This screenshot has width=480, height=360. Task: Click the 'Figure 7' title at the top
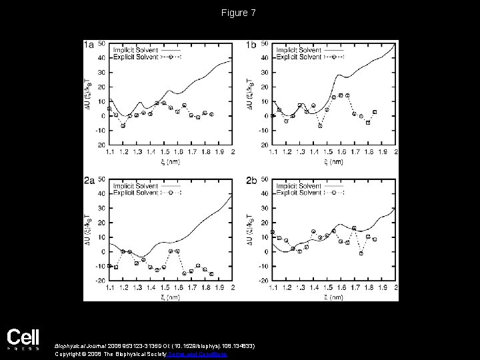click(x=240, y=13)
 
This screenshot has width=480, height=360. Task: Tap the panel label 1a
click(x=89, y=45)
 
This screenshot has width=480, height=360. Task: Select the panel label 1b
click(x=251, y=45)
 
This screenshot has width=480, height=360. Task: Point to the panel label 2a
click(x=89, y=181)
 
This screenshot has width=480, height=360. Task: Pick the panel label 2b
click(x=251, y=181)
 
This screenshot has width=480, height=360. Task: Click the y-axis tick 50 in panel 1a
click(x=101, y=43)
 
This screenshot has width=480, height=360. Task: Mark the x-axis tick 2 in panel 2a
click(x=233, y=288)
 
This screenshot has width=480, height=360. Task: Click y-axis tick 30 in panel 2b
click(x=265, y=208)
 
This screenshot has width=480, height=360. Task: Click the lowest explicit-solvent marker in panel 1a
click(x=123, y=125)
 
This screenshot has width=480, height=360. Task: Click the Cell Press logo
click(x=23, y=339)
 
